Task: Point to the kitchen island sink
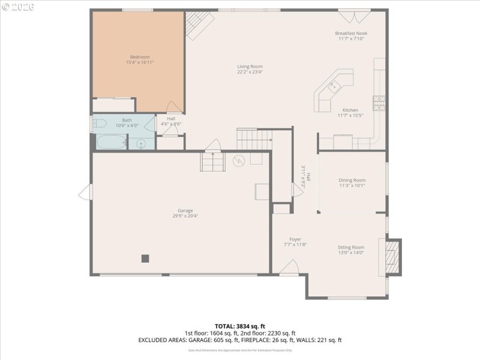(334, 87)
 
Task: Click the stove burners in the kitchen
(379, 103)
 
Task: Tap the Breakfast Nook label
(351, 33)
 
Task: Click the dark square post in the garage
(145, 259)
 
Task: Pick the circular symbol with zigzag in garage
(238, 161)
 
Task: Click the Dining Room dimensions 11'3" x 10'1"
(352, 185)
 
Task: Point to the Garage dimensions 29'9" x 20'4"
(185, 216)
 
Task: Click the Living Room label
(250, 67)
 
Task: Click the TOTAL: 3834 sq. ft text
(240, 326)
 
